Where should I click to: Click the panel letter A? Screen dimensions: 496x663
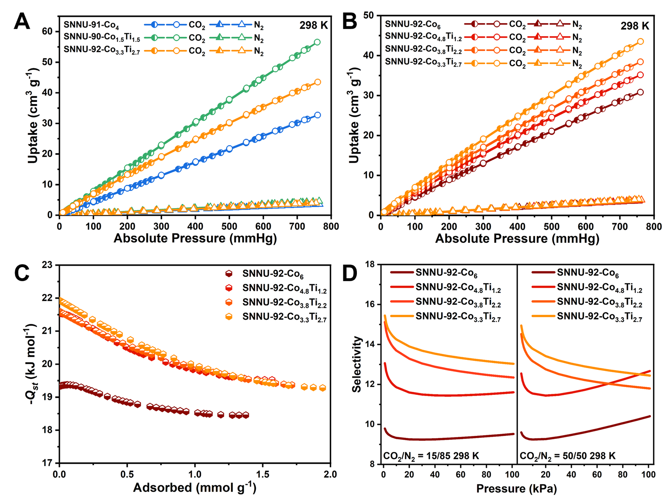point(22,22)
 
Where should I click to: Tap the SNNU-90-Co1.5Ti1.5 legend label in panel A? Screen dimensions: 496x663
point(102,38)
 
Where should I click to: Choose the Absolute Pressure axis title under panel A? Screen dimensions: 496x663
point(195,238)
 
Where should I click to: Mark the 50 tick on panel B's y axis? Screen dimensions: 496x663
point(369,16)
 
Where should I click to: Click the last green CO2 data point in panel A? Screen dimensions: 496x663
point(317,42)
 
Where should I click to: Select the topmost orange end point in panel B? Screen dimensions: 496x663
point(640,41)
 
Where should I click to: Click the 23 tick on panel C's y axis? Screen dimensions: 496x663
point(47,265)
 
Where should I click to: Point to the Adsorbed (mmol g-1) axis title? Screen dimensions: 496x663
point(195,488)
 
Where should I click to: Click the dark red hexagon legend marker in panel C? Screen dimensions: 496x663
point(229,273)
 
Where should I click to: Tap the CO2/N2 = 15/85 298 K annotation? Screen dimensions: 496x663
point(431,456)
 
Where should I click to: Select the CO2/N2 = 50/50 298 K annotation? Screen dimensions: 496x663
point(567,456)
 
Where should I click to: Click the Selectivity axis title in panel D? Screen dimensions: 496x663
point(356,364)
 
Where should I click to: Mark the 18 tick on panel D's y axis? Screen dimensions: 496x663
point(369,265)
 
